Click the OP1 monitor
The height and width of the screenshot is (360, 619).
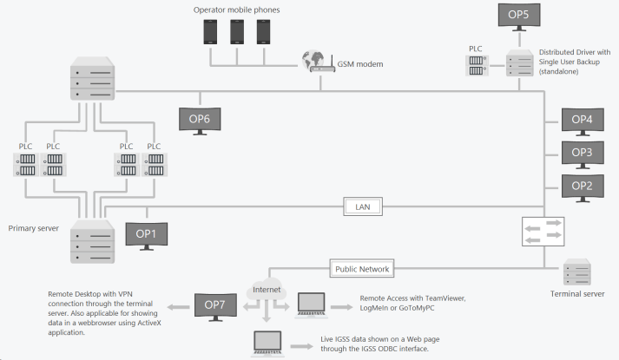pos(147,232)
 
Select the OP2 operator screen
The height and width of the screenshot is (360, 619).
pos(582,184)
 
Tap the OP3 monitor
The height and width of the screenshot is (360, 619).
pos(582,152)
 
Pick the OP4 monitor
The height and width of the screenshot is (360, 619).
pos(582,119)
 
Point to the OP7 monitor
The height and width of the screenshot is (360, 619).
pos(214,304)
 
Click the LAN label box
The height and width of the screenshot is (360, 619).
pos(363,206)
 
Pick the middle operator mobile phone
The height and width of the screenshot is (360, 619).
pos(237,32)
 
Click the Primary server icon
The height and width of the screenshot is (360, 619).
pos(92,241)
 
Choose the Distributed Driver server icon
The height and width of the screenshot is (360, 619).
pos(520,65)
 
